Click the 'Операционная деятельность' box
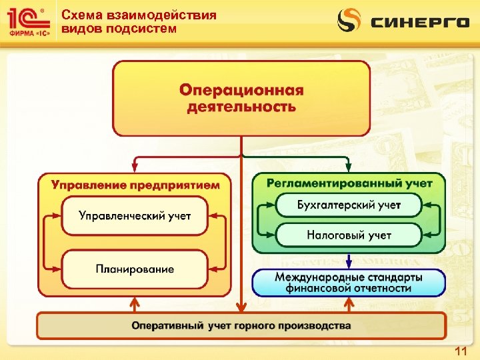[241, 98]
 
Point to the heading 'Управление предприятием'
[135, 185]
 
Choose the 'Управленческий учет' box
[135, 215]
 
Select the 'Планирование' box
[135, 269]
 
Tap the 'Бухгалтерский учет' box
[349, 205]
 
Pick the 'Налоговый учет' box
[349, 235]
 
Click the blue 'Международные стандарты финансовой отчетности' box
[349, 283]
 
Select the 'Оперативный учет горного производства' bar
[241, 326]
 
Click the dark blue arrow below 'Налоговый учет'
[348, 261]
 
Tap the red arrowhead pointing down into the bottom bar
[241, 307]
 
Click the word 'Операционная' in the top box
[241, 90]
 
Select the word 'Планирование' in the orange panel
[135, 269]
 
